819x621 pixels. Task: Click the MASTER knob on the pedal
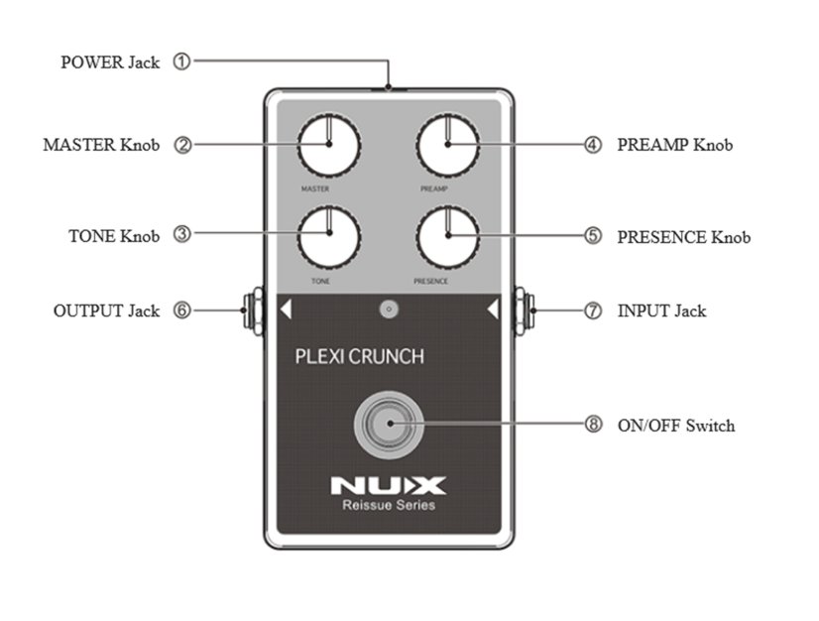pos(328,145)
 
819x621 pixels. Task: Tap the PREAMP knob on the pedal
pos(447,145)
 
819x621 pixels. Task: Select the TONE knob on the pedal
pos(328,236)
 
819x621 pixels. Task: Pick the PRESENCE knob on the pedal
pos(447,236)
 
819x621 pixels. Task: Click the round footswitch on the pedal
pos(389,424)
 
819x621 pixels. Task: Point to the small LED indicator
pos(389,310)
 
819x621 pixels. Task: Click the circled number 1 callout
pos(181,62)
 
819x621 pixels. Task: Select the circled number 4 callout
pos(592,145)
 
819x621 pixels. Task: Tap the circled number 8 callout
pos(593,425)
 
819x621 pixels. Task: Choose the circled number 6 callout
pos(181,310)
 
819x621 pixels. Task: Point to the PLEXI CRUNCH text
pos(359,357)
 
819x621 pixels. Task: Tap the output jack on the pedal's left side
pos(251,310)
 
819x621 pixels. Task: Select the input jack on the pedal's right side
pos(526,310)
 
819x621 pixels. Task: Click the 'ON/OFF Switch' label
pos(676,426)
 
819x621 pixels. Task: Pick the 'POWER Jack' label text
pos(110,62)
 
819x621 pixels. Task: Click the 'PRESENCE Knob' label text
pos(684,237)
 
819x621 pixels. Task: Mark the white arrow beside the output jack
pos(286,310)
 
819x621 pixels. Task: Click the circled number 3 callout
pos(181,235)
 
